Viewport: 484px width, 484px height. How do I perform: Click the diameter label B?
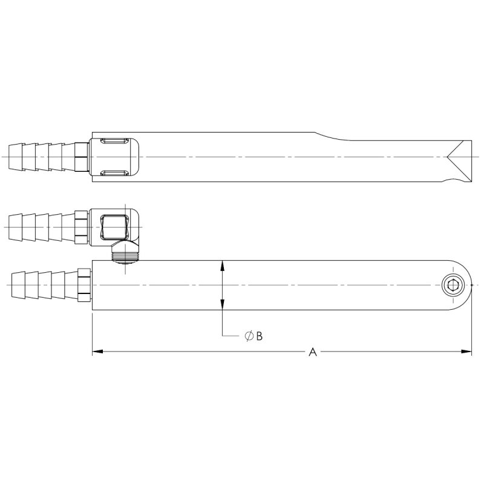click(x=259, y=336)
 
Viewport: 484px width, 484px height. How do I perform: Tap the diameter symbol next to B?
click(x=249, y=336)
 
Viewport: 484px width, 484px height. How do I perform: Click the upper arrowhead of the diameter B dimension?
click(x=223, y=264)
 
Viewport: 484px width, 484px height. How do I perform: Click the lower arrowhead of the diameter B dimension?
click(x=223, y=308)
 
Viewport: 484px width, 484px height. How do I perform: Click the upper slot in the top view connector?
click(x=114, y=141)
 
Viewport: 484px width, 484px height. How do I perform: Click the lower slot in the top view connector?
click(x=114, y=174)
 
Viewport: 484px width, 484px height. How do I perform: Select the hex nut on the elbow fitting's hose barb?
click(x=81, y=226)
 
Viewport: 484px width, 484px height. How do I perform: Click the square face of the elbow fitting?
click(x=114, y=226)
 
